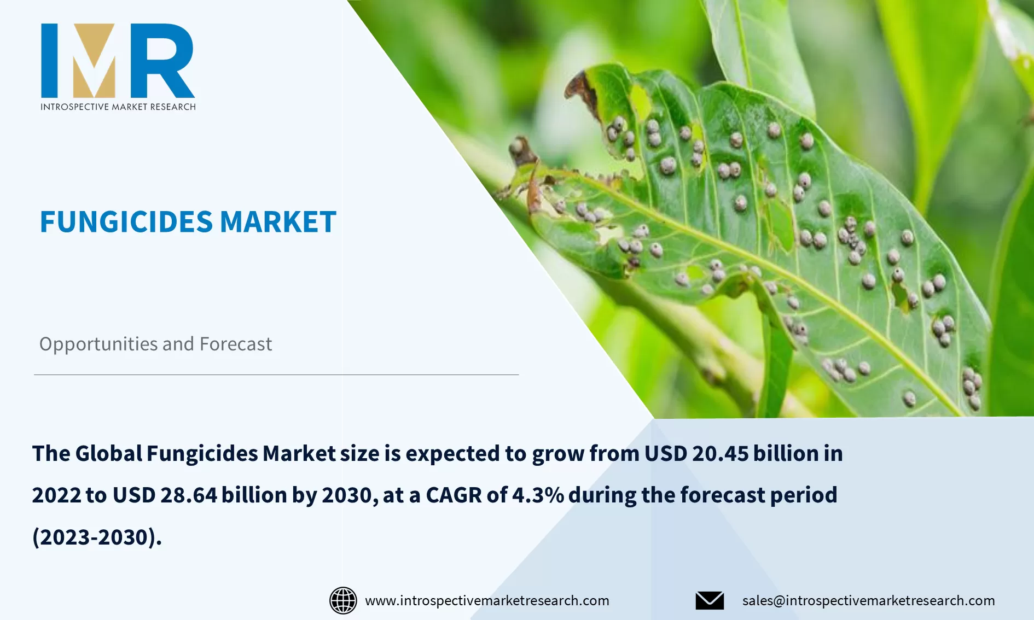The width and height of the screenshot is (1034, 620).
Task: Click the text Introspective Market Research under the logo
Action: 118,107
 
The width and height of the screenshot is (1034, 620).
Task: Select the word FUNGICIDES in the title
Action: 126,222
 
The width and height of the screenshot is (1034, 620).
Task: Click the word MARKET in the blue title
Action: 278,222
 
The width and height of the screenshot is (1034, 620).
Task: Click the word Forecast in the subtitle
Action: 236,344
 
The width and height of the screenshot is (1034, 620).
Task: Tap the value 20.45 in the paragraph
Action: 720,454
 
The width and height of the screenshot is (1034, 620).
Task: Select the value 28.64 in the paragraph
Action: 189,495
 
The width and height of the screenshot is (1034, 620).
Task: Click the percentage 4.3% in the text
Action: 538,495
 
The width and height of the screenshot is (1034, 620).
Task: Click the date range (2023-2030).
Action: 97,537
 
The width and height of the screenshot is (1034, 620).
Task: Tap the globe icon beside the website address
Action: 343,600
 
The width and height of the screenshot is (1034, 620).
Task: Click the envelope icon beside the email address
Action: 710,600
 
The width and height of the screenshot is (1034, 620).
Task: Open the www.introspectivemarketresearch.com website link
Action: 487,600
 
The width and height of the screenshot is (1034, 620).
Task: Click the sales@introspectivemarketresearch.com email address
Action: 868,600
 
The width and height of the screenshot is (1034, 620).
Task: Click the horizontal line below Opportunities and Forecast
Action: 276,375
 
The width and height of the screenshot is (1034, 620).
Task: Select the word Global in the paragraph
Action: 108,454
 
